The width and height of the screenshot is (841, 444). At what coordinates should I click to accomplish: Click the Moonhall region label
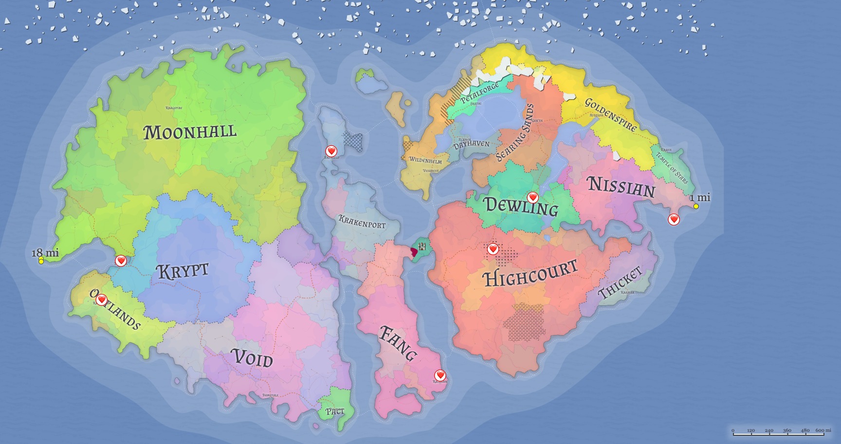[x=190, y=132]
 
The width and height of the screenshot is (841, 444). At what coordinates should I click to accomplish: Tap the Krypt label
[x=183, y=271]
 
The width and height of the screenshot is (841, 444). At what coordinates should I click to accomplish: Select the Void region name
[x=251, y=359]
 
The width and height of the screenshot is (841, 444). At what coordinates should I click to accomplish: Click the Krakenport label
[x=362, y=222]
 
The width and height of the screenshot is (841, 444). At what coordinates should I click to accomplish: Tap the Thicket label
[x=620, y=282]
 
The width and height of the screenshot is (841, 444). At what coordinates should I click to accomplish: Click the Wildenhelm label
[x=425, y=160]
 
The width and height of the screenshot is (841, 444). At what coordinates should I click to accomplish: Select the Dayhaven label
[x=471, y=145]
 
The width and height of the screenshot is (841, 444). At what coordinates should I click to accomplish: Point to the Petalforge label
[x=479, y=92]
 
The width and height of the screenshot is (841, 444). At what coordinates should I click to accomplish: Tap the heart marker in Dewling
[x=533, y=198]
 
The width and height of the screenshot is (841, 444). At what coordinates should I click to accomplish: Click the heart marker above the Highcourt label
[x=493, y=249]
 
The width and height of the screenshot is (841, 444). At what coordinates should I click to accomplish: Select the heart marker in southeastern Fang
[x=440, y=375]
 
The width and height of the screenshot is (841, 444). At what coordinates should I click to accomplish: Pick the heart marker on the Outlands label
[x=101, y=300]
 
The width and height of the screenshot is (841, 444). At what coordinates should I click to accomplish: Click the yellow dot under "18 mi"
[x=41, y=261]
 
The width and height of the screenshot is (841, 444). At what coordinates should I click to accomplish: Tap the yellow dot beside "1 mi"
[x=696, y=206]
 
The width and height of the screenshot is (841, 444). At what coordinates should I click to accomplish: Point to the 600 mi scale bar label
[x=823, y=430]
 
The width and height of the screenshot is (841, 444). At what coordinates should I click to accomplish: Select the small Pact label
[x=335, y=412]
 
